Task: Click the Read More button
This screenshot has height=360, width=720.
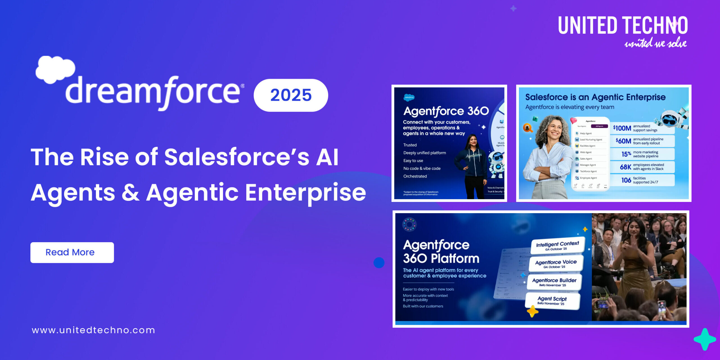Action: click(x=72, y=252)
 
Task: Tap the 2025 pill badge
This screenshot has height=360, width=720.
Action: click(x=291, y=95)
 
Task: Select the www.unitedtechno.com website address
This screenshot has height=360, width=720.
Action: click(x=93, y=330)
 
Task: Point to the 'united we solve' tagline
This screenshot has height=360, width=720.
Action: click(x=655, y=43)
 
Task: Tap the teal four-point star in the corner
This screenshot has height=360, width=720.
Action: click(x=705, y=339)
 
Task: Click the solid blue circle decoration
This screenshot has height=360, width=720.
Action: click(x=379, y=263)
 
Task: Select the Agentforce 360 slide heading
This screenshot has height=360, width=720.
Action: click(x=446, y=111)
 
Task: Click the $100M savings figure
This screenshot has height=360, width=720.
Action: click(x=622, y=128)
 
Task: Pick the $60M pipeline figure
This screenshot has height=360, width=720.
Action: click(x=623, y=141)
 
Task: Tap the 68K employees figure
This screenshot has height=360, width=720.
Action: click(x=625, y=167)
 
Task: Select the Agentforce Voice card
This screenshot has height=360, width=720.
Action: click(x=556, y=264)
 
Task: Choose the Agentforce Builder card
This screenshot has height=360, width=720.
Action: click(x=554, y=282)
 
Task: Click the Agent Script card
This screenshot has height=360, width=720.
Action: click(x=552, y=300)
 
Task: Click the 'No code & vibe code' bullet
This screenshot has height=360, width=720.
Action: click(x=422, y=168)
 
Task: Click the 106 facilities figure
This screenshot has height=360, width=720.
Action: click(x=626, y=180)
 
